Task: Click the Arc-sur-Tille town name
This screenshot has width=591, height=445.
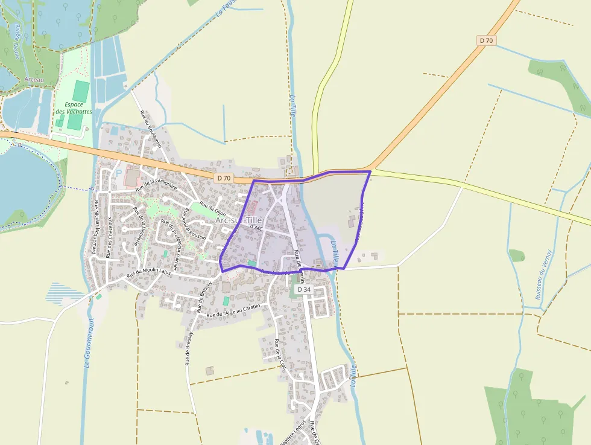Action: (x=239, y=220)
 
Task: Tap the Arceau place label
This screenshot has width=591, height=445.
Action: (x=34, y=80)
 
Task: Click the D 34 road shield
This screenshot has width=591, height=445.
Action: (x=304, y=290)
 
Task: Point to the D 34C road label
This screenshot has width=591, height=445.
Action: (x=256, y=228)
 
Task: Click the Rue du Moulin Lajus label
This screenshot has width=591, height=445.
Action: (x=148, y=272)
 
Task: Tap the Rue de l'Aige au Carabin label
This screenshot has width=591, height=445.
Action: (x=233, y=312)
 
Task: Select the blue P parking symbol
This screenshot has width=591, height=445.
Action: (x=119, y=172)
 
